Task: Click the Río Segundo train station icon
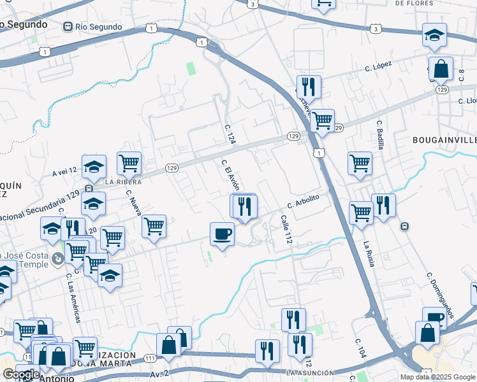click(x=68, y=27)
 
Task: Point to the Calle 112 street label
click(x=286, y=230)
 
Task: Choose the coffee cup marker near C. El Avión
click(x=222, y=234)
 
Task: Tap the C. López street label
click(x=378, y=67)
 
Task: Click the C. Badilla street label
click(x=380, y=134)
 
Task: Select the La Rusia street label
click(x=368, y=252)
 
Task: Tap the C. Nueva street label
click(x=133, y=202)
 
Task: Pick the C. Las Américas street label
click(x=73, y=298)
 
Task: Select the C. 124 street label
click(x=230, y=134)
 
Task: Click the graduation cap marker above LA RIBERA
click(x=94, y=167)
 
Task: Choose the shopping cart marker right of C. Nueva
click(x=154, y=226)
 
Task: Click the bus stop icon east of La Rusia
click(x=404, y=226)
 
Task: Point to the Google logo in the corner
click(x=21, y=374)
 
